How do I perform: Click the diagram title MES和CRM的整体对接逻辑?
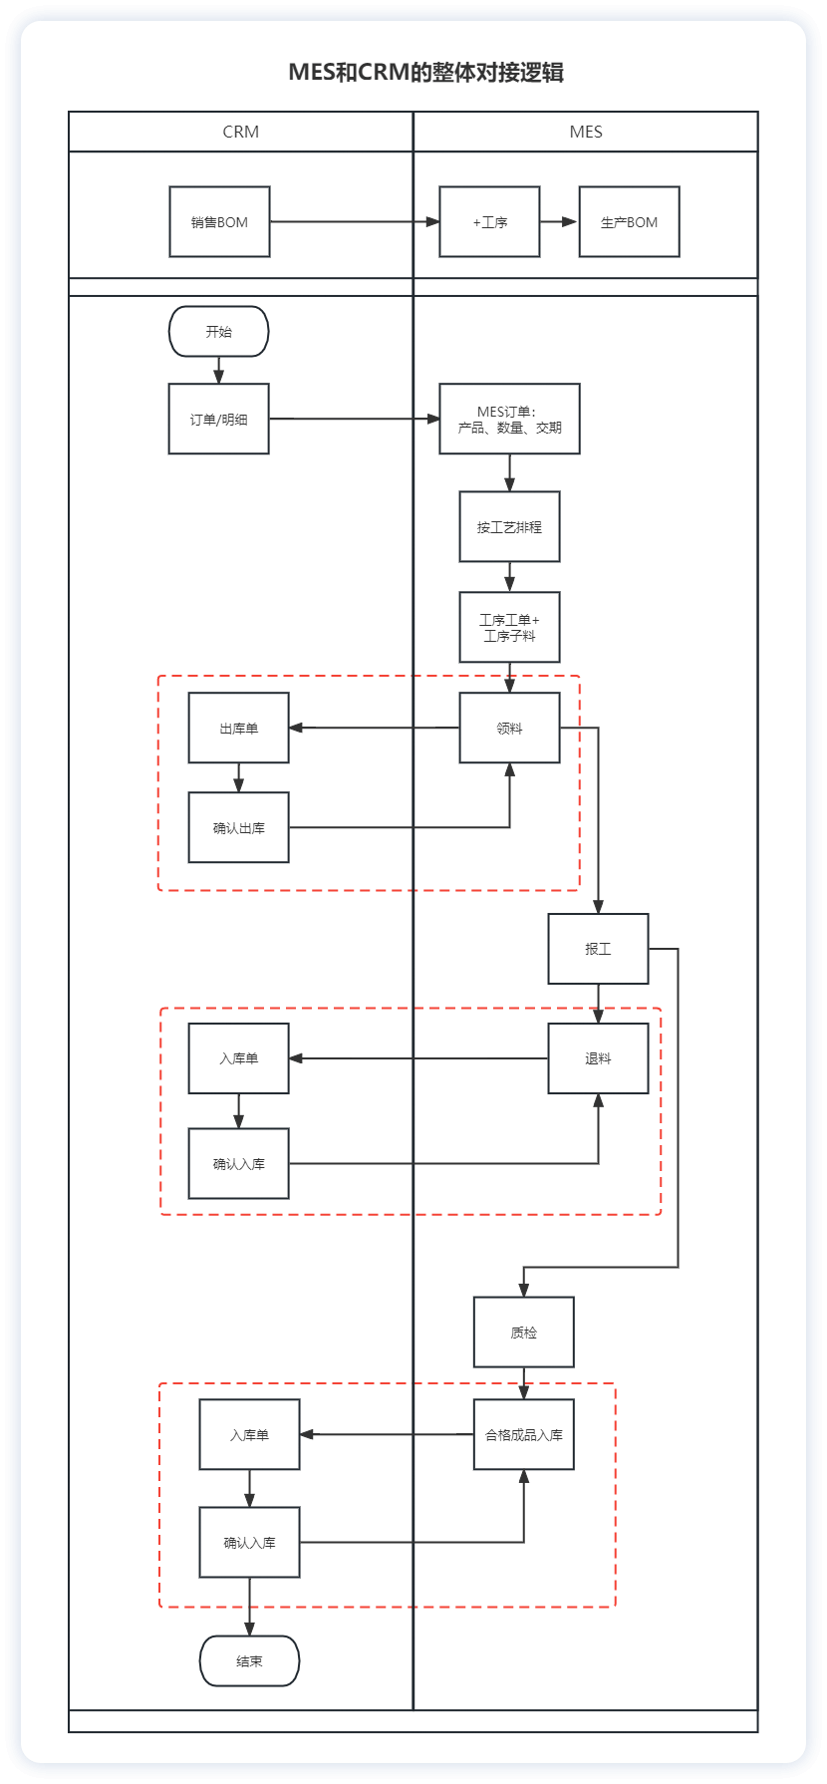tap(426, 72)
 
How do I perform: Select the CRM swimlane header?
tap(241, 132)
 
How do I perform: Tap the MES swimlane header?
tap(586, 132)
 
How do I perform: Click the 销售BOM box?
tap(219, 221)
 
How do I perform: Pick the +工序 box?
tap(490, 221)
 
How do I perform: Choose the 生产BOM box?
tap(630, 221)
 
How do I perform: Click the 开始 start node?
tap(219, 331)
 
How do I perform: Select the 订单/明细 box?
tap(219, 419)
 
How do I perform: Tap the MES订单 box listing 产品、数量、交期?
tap(510, 419)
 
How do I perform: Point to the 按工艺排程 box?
tap(510, 526)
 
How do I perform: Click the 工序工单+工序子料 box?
tap(510, 627)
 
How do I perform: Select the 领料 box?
tap(510, 728)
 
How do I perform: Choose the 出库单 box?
tap(239, 728)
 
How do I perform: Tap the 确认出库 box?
tap(239, 827)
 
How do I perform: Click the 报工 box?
tap(598, 949)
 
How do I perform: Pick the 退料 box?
tap(598, 1058)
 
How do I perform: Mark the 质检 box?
tap(524, 1332)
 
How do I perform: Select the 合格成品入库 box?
tap(524, 1434)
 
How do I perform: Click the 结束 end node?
tap(250, 1660)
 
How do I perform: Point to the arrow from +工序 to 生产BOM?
tap(559, 221)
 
